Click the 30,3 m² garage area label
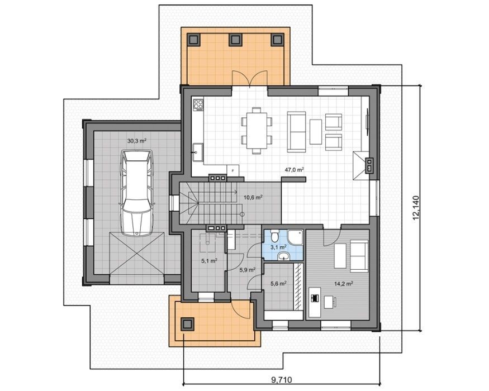[137, 141]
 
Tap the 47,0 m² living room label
[295, 170]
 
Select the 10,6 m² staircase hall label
[253, 197]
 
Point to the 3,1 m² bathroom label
[278, 247]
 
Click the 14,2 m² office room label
[344, 284]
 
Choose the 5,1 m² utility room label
[209, 261]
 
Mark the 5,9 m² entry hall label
[248, 270]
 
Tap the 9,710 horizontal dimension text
[281, 380]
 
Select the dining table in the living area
[257, 131]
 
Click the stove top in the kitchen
[198, 104]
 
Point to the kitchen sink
[197, 152]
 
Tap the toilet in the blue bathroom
[275, 236]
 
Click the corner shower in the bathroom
[295, 237]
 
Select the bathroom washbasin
[283, 256]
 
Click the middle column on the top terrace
[235, 40]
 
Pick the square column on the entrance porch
[187, 324]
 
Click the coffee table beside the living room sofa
[316, 132]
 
